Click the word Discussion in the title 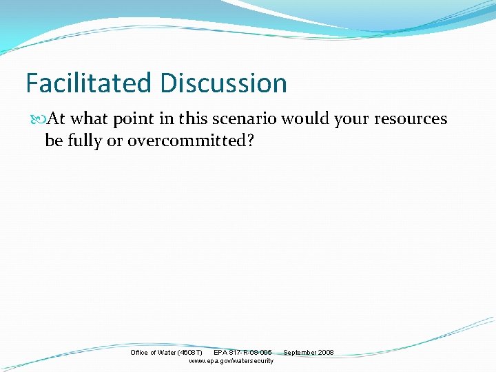[x=223, y=83]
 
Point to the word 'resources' [x=411, y=119]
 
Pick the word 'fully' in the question [x=87, y=141]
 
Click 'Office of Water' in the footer [x=153, y=353]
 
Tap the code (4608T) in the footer [x=189, y=353]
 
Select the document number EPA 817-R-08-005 [x=242, y=353]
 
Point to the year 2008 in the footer [x=326, y=353]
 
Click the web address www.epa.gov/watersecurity [x=231, y=361]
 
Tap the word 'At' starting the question [x=57, y=119]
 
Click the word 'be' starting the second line [x=53, y=141]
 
